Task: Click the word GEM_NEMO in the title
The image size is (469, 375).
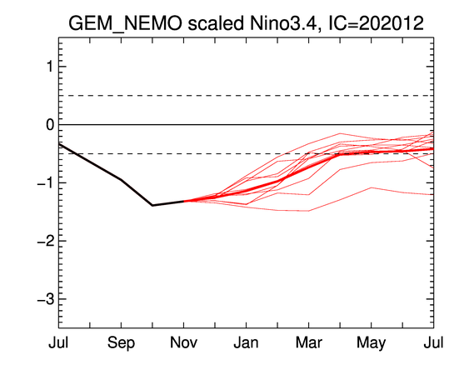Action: pos(125,24)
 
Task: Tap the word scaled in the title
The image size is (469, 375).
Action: pos(216,22)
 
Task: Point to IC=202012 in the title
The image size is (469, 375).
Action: pos(376,22)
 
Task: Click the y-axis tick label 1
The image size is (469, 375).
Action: pos(50,67)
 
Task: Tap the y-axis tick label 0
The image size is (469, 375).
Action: pos(50,124)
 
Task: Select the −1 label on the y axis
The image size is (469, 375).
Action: pos(46,182)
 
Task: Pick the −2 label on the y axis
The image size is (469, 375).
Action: pos(46,241)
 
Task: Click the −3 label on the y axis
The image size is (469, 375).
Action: pos(46,298)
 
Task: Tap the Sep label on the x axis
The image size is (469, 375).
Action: pos(121,343)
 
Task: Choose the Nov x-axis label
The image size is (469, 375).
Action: pos(183,342)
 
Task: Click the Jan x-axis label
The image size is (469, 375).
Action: pos(247,342)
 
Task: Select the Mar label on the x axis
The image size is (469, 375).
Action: pos(309,342)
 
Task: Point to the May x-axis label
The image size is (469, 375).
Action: pos(372,343)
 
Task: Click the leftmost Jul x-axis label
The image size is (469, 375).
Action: pos(58,342)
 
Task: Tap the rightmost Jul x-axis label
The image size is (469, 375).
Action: pos(434,342)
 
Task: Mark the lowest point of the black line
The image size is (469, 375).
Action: pos(152,206)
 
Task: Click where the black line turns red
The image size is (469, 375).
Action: pos(183,201)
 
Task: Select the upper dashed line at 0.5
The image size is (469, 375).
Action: pos(247,96)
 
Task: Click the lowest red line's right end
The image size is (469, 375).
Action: pos(433,194)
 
